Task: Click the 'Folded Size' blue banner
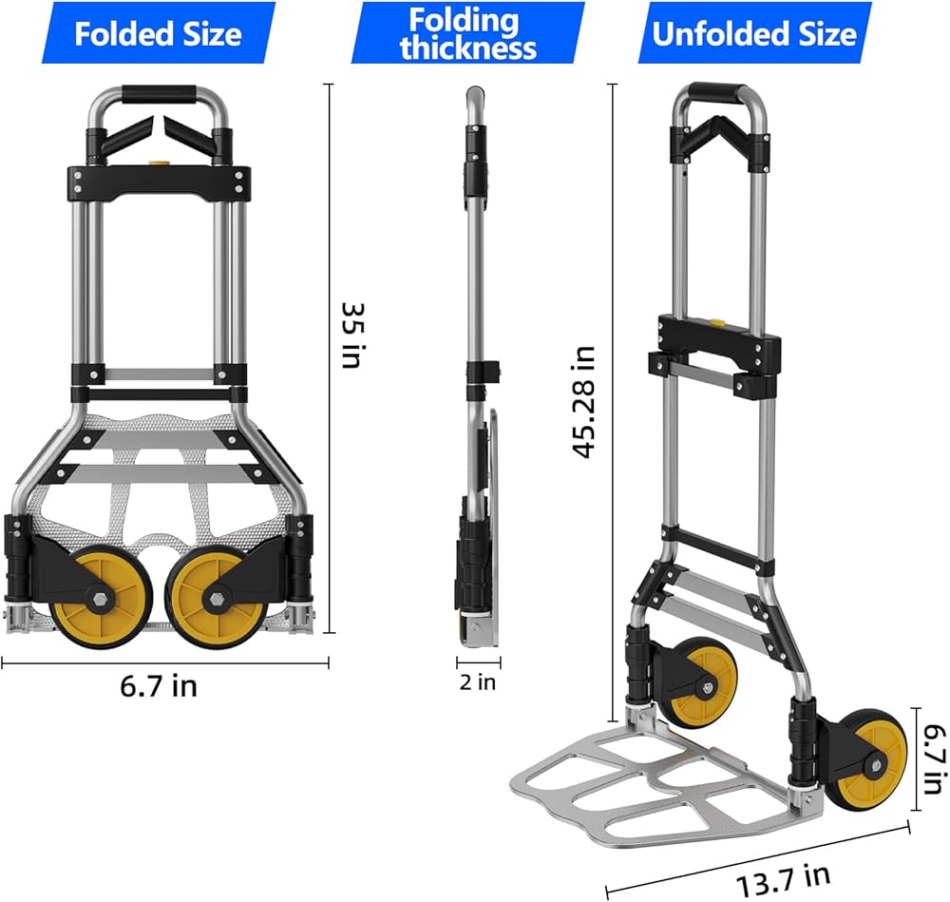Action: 159,32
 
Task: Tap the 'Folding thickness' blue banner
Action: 467,32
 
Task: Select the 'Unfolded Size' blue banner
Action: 754,32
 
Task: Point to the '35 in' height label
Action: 352,336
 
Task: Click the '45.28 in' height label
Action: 584,402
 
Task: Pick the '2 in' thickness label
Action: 478,681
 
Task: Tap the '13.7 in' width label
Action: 784,880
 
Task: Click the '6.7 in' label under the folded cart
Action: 159,685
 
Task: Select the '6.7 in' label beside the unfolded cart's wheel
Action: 934,758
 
